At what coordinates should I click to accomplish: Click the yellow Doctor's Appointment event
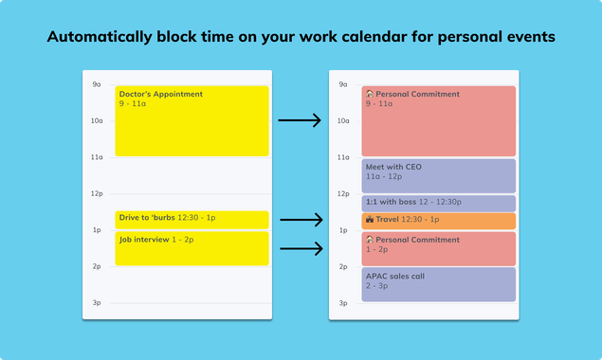(x=192, y=121)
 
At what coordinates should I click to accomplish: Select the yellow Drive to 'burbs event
(x=192, y=220)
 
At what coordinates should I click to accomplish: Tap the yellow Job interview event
(x=192, y=248)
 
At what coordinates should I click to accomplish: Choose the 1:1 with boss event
(x=438, y=203)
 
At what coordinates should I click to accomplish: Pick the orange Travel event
(x=438, y=220)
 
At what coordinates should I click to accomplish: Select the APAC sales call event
(x=438, y=284)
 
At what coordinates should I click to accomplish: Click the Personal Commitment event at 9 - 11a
(x=438, y=121)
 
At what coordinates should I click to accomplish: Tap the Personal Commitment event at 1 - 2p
(x=438, y=248)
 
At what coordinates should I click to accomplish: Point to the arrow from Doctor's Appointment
(x=299, y=120)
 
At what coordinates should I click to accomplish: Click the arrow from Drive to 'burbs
(x=299, y=220)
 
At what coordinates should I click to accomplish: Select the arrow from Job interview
(x=299, y=249)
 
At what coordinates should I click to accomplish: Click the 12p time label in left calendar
(x=96, y=194)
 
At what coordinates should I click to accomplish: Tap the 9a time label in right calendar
(x=342, y=84)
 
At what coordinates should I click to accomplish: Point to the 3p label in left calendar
(x=96, y=303)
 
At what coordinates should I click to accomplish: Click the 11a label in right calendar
(x=342, y=157)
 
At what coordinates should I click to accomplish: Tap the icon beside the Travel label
(x=370, y=220)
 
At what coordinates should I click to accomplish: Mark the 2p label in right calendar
(x=342, y=267)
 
